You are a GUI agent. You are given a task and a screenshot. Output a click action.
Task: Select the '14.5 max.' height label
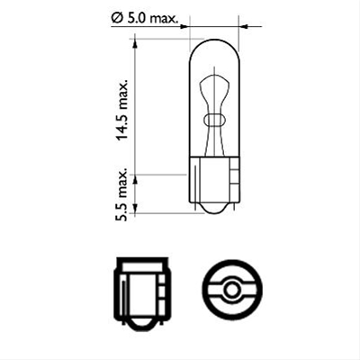(x=123, y=108)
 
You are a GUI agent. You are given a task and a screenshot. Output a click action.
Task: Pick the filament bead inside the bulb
(x=213, y=119)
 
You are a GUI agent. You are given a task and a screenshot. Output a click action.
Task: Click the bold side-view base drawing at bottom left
(x=140, y=289)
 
